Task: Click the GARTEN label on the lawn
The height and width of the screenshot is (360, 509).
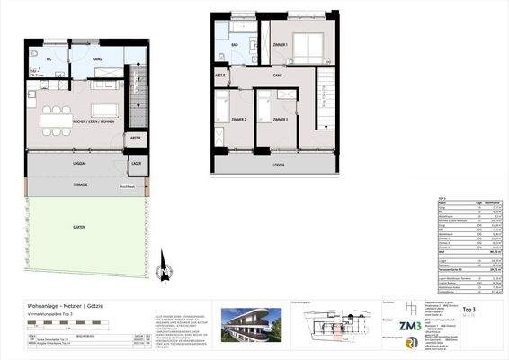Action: pos(79,228)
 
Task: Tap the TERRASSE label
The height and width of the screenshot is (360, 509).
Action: pos(80,184)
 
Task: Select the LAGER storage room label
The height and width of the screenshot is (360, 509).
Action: pos(136,163)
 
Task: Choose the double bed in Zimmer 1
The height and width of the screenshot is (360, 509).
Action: pos(308,45)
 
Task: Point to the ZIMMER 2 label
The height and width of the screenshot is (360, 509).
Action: pos(238,119)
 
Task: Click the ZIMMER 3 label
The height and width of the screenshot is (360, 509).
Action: pos(280,119)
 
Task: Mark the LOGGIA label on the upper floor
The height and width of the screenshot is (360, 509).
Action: pos(279,166)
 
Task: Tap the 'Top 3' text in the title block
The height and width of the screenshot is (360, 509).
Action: pos(469,308)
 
